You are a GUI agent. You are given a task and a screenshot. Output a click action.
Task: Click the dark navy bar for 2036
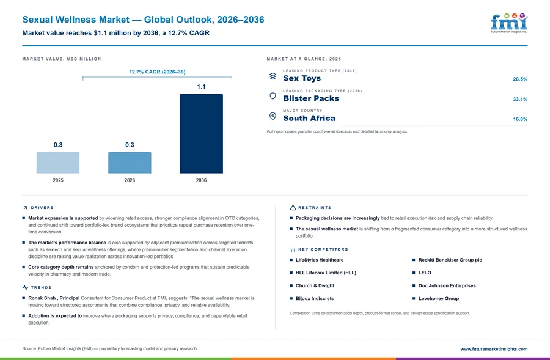(201, 133)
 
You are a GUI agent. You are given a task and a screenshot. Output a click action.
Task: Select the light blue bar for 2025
(58, 163)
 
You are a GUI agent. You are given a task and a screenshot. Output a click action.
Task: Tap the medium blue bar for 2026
(130, 163)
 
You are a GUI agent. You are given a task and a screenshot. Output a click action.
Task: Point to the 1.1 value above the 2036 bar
(201, 87)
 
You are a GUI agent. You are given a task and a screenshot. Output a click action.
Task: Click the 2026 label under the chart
(130, 180)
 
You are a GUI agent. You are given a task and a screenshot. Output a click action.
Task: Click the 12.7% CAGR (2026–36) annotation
(157, 72)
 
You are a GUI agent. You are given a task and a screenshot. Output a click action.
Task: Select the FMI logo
(509, 23)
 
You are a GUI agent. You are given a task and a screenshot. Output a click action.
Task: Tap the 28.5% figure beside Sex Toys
(520, 79)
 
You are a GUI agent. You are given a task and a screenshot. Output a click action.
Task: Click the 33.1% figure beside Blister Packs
(520, 99)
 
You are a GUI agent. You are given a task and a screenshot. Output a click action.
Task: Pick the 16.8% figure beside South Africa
(520, 119)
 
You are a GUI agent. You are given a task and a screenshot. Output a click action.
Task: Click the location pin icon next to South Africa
(273, 116)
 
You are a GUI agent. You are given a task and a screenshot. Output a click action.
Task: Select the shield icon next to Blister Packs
(273, 96)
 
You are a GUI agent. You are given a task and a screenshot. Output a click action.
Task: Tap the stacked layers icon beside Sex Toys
(273, 76)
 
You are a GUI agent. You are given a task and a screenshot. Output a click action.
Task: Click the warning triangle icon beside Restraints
(293, 208)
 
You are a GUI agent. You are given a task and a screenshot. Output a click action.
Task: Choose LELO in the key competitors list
(425, 273)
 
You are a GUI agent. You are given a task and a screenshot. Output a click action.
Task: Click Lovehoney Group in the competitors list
(439, 299)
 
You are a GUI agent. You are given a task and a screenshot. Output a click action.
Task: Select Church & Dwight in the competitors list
(315, 285)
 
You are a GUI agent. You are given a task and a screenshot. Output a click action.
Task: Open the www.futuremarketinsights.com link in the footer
(494, 349)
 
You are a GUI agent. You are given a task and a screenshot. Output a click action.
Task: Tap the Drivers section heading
(42, 208)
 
